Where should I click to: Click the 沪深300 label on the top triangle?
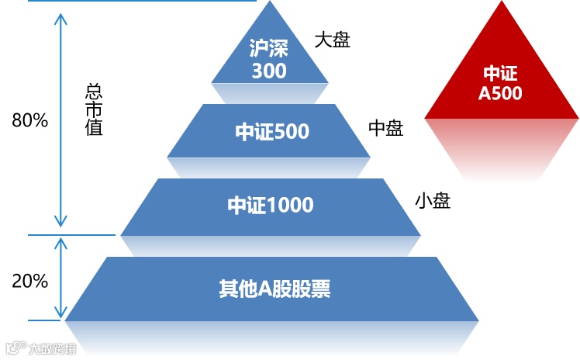(x=269, y=60)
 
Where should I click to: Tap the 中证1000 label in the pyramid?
(x=270, y=205)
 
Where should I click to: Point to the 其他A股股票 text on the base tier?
(x=274, y=289)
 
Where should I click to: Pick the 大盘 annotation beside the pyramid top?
(x=333, y=40)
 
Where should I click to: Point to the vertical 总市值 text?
(x=94, y=109)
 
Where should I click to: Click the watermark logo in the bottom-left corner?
(x=13, y=348)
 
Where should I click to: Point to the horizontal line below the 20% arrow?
(x=47, y=320)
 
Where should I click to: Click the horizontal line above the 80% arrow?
(x=140, y=1)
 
